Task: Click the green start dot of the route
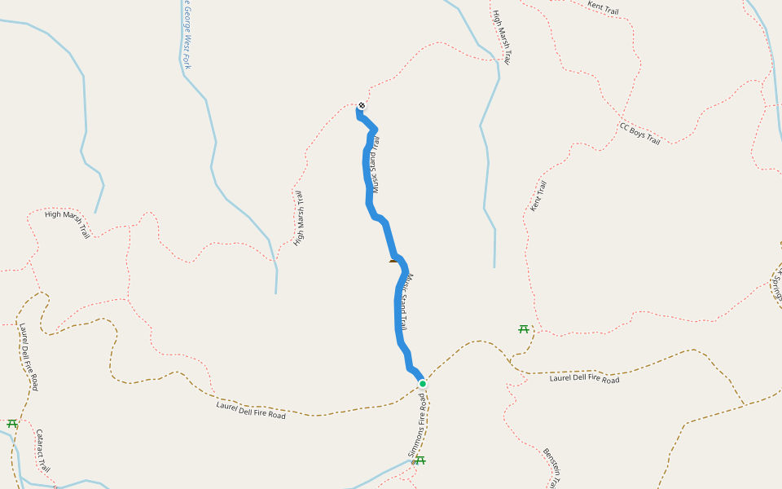click(x=422, y=383)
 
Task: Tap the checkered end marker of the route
click(x=362, y=105)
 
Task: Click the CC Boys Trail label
click(x=639, y=134)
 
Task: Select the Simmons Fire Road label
click(x=417, y=426)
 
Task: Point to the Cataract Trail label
click(x=43, y=451)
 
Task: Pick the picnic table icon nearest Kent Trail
click(x=523, y=329)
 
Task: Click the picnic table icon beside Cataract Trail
click(x=12, y=424)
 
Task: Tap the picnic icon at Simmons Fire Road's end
click(x=420, y=460)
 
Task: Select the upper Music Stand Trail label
click(x=376, y=163)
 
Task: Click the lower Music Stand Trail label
click(x=413, y=302)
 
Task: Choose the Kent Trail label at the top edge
click(x=604, y=8)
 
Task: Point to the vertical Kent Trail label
click(x=538, y=196)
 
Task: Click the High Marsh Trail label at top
click(x=502, y=37)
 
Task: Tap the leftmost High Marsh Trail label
click(x=67, y=223)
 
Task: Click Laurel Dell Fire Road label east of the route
click(x=584, y=379)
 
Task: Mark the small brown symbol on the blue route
click(x=394, y=261)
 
